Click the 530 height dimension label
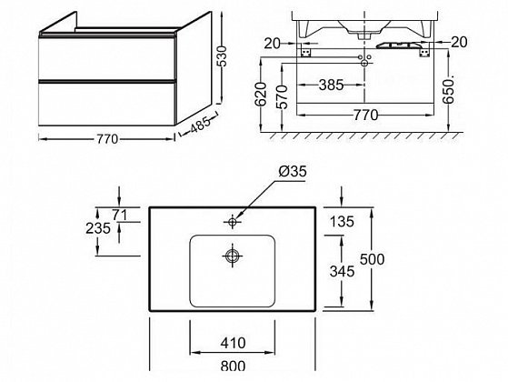pyautogui.click(x=224, y=55)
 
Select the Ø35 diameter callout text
pyautogui.click(x=293, y=172)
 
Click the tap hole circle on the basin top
pyautogui.click(x=233, y=222)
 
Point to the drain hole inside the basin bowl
pyautogui.click(x=233, y=256)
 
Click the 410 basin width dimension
pyautogui.click(x=233, y=343)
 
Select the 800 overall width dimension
pyautogui.click(x=233, y=366)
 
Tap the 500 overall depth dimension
pyautogui.click(x=373, y=259)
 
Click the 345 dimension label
pyautogui.click(x=342, y=271)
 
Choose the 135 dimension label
pyautogui.click(x=342, y=222)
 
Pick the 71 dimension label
pyautogui.click(x=120, y=215)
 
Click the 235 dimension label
pyautogui.click(x=98, y=228)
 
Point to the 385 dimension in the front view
pyautogui.click(x=331, y=85)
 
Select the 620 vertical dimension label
pyautogui.click(x=261, y=95)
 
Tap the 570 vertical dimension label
pyautogui.click(x=283, y=96)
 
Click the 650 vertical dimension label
pyautogui.click(x=449, y=91)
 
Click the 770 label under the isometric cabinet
pyautogui.click(x=107, y=139)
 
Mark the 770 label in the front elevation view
pyautogui.click(x=365, y=115)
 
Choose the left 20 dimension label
pyautogui.click(x=272, y=43)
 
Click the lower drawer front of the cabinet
pyautogui.click(x=106, y=104)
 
